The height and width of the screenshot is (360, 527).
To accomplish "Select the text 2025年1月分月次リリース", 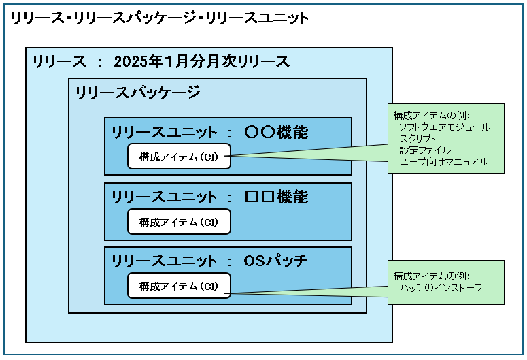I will pos(202,62).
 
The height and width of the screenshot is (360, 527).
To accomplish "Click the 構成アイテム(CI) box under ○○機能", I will pos(179,157).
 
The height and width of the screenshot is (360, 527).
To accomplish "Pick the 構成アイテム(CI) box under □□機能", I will pos(179,222).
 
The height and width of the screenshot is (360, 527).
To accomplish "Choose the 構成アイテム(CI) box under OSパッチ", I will pos(179,286).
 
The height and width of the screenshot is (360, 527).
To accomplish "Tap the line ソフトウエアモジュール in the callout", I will pos(445,127).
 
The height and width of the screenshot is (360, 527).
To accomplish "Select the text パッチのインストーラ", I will pos(441,289).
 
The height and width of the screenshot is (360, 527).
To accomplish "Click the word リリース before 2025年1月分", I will pos(60,62).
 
